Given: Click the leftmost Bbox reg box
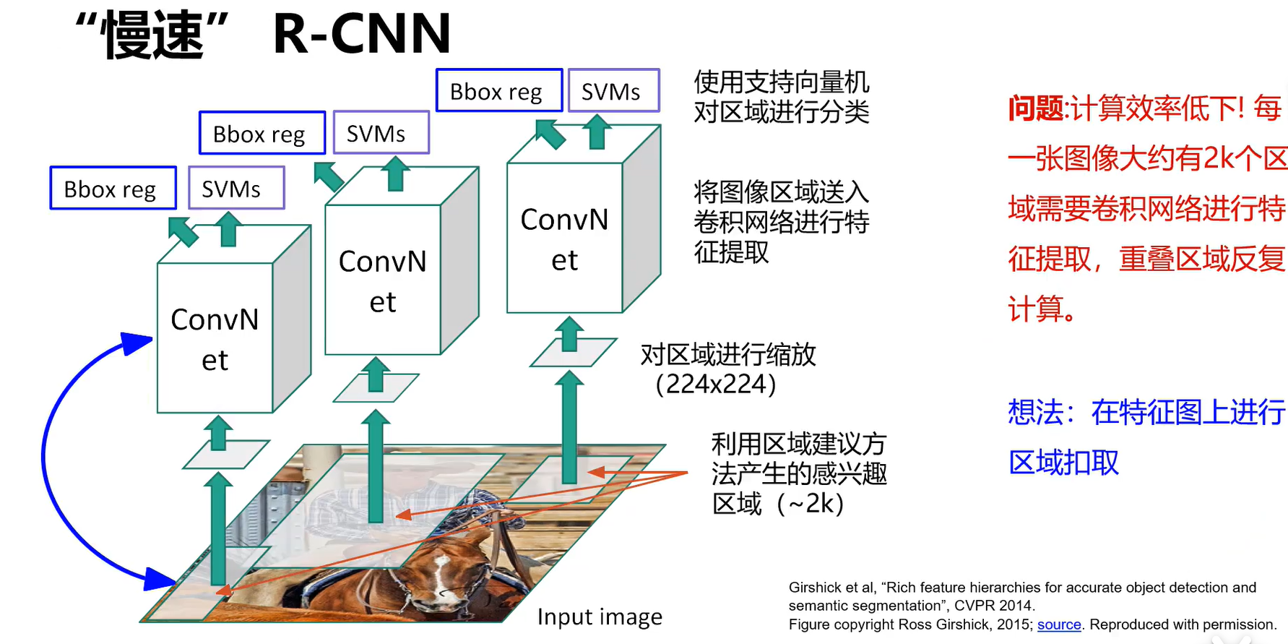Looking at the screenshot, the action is (113, 189).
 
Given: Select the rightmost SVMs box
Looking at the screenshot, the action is (613, 91).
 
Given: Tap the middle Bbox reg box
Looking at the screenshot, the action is (262, 134).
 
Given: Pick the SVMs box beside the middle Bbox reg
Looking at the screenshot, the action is (381, 134).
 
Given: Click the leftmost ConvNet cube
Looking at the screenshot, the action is (215, 338).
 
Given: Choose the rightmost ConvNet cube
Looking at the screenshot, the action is (565, 239).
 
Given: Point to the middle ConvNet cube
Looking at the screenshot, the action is (383, 280).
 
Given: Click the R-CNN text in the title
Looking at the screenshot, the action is (361, 34).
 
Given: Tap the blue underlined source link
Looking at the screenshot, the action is (1059, 624).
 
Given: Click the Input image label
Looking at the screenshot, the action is (600, 617).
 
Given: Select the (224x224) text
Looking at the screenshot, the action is (715, 385).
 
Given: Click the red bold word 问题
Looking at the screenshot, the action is (1037, 108).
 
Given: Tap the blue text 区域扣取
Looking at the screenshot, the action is (1063, 463).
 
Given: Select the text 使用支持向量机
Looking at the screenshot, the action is (781, 82).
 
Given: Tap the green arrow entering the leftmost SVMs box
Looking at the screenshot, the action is (230, 228).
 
